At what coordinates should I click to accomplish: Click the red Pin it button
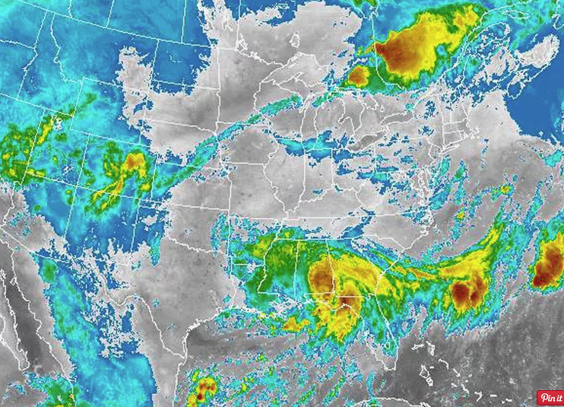tap(550, 398)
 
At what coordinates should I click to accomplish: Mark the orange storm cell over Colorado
tap(134, 162)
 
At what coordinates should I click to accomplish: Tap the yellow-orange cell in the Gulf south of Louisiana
tap(296, 325)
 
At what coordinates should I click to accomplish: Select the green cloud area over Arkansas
tap(262, 255)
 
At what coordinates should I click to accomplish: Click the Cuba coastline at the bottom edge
tap(426, 403)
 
